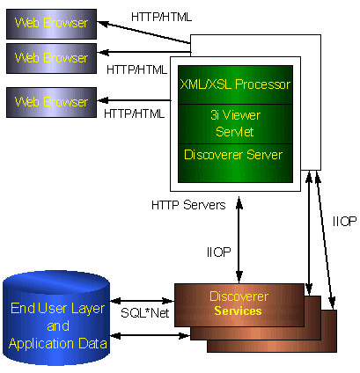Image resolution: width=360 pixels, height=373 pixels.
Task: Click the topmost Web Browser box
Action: tap(51, 24)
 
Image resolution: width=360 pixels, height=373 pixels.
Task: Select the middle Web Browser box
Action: tap(51, 59)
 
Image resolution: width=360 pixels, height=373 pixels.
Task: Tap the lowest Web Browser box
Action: tap(51, 102)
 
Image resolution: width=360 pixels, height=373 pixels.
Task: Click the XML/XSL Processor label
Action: tap(235, 84)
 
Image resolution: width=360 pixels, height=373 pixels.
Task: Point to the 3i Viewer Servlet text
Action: tap(235, 123)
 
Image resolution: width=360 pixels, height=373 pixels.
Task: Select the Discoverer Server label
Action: tap(233, 155)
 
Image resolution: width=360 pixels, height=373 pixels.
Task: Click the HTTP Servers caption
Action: tap(188, 205)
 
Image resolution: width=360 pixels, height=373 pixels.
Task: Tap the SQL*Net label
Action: tap(145, 313)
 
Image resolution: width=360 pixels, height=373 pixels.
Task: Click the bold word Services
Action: tap(238, 311)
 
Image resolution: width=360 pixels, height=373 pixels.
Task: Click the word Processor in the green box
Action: tap(263, 84)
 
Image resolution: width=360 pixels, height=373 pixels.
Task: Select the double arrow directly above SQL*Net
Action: tap(142, 301)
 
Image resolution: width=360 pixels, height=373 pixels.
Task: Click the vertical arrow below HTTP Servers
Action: tap(239, 240)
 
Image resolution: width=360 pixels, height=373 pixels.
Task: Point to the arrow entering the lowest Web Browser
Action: tap(135, 100)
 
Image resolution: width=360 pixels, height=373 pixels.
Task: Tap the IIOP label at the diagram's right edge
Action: tap(344, 221)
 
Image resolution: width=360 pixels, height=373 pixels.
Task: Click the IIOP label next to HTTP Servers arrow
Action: tap(219, 252)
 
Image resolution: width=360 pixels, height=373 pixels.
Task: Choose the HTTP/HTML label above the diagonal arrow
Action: tap(161, 17)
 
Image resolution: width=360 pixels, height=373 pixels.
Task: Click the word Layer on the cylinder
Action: tap(88, 309)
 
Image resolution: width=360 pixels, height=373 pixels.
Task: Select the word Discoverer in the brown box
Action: tap(239, 296)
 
